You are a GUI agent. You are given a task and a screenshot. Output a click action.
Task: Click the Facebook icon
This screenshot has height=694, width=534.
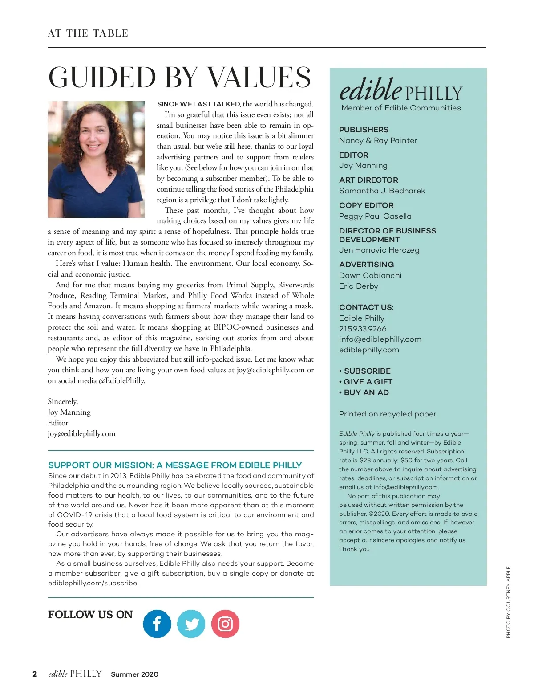pyautogui.click(x=157, y=624)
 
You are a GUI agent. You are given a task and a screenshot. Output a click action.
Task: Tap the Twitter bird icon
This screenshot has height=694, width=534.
pyautogui.click(x=191, y=624)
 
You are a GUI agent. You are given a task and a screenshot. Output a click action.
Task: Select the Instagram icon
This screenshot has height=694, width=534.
pyautogui.click(x=225, y=624)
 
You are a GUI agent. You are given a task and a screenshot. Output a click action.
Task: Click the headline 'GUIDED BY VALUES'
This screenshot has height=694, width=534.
pyautogui.click(x=179, y=78)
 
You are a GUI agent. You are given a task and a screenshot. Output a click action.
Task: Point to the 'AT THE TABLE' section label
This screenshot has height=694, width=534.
pyautogui.click(x=88, y=33)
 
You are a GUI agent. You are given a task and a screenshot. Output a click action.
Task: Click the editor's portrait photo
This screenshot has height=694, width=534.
pyautogui.click(x=96, y=159)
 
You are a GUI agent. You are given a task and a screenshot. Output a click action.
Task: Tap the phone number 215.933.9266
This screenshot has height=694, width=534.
pyautogui.click(x=363, y=329)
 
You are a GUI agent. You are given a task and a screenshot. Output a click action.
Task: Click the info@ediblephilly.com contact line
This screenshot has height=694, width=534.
pyautogui.click(x=380, y=339)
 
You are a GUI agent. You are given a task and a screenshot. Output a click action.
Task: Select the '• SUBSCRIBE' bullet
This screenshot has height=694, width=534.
pyautogui.click(x=365, y=371)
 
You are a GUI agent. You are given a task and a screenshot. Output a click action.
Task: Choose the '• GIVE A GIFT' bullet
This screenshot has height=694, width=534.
pyautogui.click(x=366, y=382)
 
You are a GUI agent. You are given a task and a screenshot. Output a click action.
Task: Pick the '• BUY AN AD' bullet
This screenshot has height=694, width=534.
pyautogui.click(x=364, y=392)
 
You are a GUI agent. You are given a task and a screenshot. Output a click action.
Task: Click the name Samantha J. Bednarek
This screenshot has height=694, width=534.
pyautogui.click(x=382, y=191)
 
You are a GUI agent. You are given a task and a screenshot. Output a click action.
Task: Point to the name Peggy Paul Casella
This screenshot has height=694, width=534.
pyautogui.click(x=375, y=216)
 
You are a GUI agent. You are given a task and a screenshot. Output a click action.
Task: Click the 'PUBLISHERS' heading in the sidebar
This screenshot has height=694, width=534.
pyautogui.click(x=364, y=130)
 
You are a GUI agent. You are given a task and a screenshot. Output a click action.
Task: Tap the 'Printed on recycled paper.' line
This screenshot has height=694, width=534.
pyautogui.click(x=388, y=414)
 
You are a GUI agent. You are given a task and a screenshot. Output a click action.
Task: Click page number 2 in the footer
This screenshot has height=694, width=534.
pyautogui.click(x=35, y=674)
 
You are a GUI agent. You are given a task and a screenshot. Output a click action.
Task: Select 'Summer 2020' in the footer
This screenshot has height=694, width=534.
pyautogui.click(x=134, y=674)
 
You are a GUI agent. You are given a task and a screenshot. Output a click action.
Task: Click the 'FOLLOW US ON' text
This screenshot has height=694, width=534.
pyautogui.click(x=90, y=615)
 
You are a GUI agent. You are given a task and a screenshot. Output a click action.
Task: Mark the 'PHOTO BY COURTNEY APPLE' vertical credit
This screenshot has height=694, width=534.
pyautogui.click(x=508, y=602)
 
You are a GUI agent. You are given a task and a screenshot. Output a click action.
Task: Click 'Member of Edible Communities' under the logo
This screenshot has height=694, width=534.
pyautogui.click(x=401, y=108)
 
